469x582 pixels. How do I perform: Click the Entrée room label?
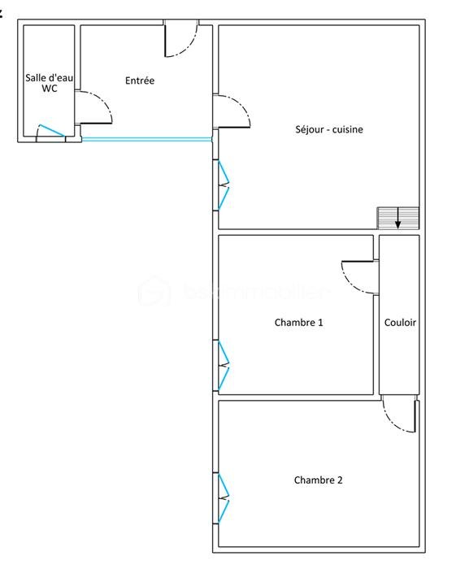pyautogui.click(x=140, y=80)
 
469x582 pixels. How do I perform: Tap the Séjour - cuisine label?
pyautogui.click(x=329, y=129)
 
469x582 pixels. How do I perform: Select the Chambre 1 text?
pyautogui.click(x=298, y=323)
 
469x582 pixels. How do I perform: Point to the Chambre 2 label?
pyautogui.click(x=318, y=480)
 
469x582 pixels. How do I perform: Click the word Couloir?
pyautogui.click(x=399, y=323)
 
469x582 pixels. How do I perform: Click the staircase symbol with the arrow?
pyautogui.click(x=397, y=218)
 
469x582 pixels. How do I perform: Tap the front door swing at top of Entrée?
pyautogui.click(x=180, y=41)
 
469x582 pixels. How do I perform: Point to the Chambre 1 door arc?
pyautogui.click(x=358, y=276)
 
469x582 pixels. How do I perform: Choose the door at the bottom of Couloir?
pyautogui.click(x=400, y=415)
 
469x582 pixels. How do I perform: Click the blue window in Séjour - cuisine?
pyautogui.click(x=222, y=186)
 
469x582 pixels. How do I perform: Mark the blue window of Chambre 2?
pyautogui.click(x=223, y=497)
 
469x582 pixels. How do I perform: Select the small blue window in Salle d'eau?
pyautogui.click(x=50, y=131)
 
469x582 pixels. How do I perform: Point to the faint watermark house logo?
pyautogui.click(x=154, y=291)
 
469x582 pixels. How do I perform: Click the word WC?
pyautogui.click(x=49, y=89)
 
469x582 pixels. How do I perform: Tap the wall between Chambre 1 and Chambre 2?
pyautogui.click(x=297, y=397)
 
